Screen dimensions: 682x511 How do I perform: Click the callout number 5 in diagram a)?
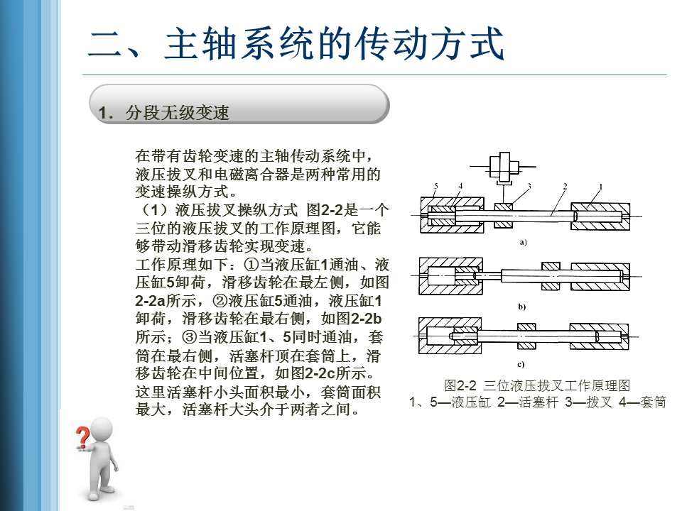(x=435, y=187)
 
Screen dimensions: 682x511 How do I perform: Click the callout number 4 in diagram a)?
(x=460, y=187)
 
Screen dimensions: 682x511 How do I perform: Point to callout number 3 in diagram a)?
(x=529, y=187)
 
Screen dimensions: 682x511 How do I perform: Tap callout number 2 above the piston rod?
(x=565, y=187)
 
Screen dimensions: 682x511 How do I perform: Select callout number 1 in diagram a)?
(x=600, y=187)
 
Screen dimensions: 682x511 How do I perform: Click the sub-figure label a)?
(x=523, y=243)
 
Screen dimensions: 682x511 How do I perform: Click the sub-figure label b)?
(x=522, y=307)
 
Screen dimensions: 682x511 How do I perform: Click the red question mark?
(x=84, y=435)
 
